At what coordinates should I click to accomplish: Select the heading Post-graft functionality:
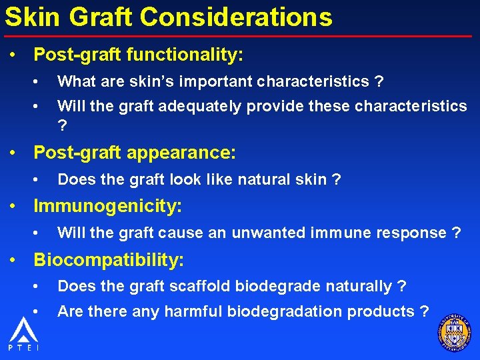pos(138,55)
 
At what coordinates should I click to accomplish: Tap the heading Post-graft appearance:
pos(135,153)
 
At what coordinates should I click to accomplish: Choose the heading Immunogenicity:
pos(107,206)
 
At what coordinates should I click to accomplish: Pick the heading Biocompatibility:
pos(109,259)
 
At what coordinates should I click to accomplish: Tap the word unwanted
pos(271,233)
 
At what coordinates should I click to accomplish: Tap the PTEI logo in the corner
pos(23,334)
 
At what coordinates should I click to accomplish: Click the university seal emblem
pos(455,332)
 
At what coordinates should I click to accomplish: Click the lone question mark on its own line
pos(62,126)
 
